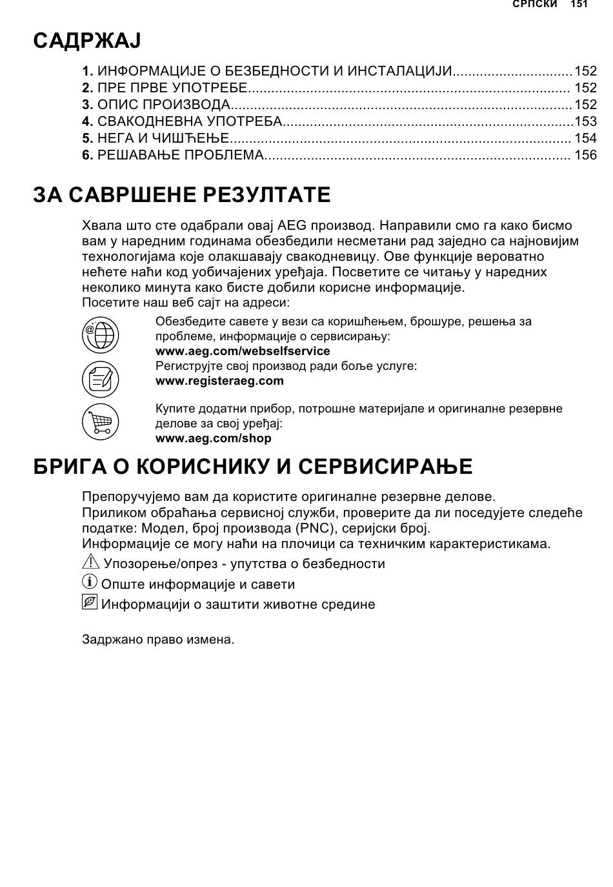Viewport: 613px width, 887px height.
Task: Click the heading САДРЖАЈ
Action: tap(86, 41)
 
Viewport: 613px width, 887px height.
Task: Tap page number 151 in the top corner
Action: tap(579, 5)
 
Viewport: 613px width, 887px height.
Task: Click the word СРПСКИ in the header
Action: tap(534, 5)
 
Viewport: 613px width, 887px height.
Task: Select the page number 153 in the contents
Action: tap(586, 121)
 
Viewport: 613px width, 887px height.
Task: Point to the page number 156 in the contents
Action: tap(586, 155)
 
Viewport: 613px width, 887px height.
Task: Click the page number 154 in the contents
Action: tap(586, 138)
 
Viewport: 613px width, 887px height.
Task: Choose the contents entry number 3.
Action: tap(88, 105)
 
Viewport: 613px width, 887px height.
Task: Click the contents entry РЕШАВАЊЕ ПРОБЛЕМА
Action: tap(181, 155)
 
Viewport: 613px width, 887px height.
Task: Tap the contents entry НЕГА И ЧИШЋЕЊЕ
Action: tap(163, 138)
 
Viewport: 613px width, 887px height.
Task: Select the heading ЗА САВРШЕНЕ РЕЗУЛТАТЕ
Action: tap(182, 194)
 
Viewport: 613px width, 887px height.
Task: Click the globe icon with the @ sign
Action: tap(100, 335)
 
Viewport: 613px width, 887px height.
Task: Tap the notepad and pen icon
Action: tap(100, 378)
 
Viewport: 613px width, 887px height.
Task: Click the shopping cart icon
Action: tap(100, 422)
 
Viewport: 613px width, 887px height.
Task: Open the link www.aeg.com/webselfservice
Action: tap(243, 351)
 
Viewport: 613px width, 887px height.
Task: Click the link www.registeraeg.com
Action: tap(219, 381)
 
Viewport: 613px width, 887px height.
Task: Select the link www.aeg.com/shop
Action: tap(214, 438)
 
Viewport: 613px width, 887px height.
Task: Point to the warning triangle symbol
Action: tap(90, 562)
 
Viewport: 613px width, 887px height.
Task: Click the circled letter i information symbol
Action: tap(90, 582)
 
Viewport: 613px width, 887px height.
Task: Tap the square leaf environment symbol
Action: tap(90, 602)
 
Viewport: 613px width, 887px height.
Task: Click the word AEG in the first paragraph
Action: tap(292, 226)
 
